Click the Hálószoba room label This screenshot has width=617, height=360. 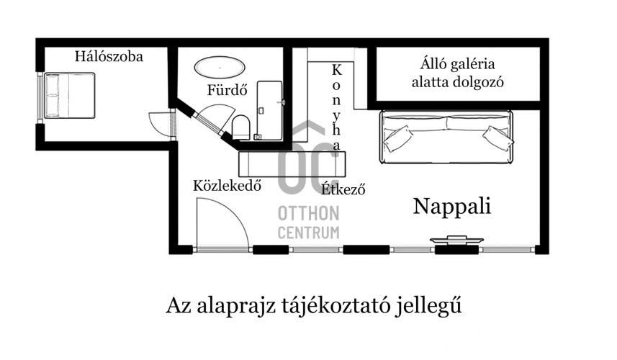pos(109,56)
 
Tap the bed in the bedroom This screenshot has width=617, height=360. pos(68,95)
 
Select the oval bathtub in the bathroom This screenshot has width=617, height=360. pos(220,66)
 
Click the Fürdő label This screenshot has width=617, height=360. pos(227,91)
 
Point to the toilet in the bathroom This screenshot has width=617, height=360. pos(241,129)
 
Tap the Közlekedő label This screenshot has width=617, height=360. pos(227,185)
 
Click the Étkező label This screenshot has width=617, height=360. pos(344,190)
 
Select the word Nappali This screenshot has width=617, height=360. pos(451,207)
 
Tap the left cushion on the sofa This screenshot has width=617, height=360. pos(398,138)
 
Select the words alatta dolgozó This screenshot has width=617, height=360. pos(458,81)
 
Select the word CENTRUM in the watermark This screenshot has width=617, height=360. pos(309,232)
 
